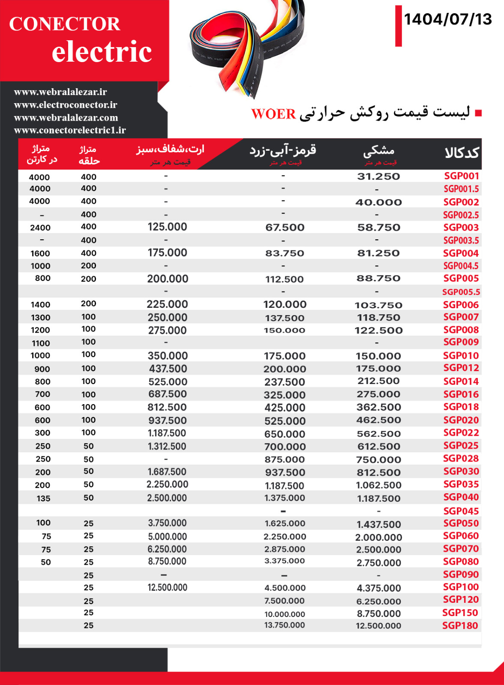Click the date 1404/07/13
(x=448, y=19)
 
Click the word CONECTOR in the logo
(x=65, y=24)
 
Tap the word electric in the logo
(x=102, y=52)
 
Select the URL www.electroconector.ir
(x=66, y=105)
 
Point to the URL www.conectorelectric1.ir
(x=70, y=130)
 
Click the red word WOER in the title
(x=273, y=114)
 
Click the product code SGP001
(x=462, y=176)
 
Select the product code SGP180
(x=460, y=625)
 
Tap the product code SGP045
(x=461, y=511)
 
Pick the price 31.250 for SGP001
(x=378, y=176)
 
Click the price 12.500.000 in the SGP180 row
(x=378, y=626)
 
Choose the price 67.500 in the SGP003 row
(x=285, y=228)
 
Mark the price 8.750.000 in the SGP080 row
(x=167, y=561)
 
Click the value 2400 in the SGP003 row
(x=40, y=228)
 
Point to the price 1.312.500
(x=167, y=446)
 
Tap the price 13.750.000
(x=285, y=625)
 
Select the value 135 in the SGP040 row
(x=43, y=498)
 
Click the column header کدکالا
(x=462, y=153)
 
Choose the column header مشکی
(x=379, y=151)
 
